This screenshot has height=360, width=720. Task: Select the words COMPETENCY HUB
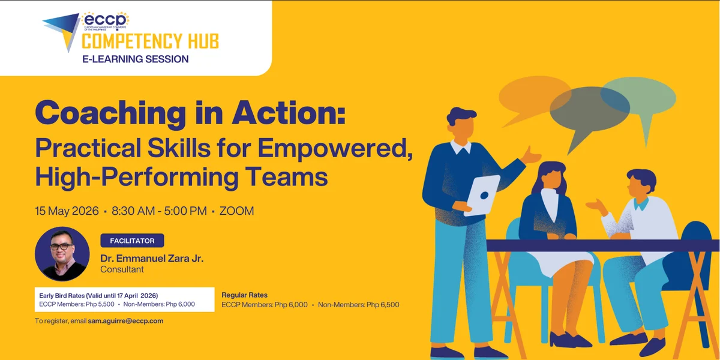click(150, 41)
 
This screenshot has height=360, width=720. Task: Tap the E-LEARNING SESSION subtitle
click(136, 59)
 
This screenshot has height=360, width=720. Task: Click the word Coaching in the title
click(115, 112)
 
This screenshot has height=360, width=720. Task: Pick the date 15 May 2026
click(67, 211)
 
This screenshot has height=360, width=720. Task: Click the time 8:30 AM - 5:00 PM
click(159, 211)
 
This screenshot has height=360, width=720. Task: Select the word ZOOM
click(236, 211)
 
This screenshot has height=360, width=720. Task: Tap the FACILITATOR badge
click(132, 241)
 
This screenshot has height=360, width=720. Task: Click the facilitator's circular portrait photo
click(62, 254)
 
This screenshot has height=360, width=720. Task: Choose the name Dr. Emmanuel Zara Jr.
click(152, 259)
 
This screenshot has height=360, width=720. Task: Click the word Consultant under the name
click(122, 269)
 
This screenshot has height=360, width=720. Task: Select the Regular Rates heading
click(245, 295)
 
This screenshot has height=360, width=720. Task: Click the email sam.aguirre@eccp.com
click(125, 321)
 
